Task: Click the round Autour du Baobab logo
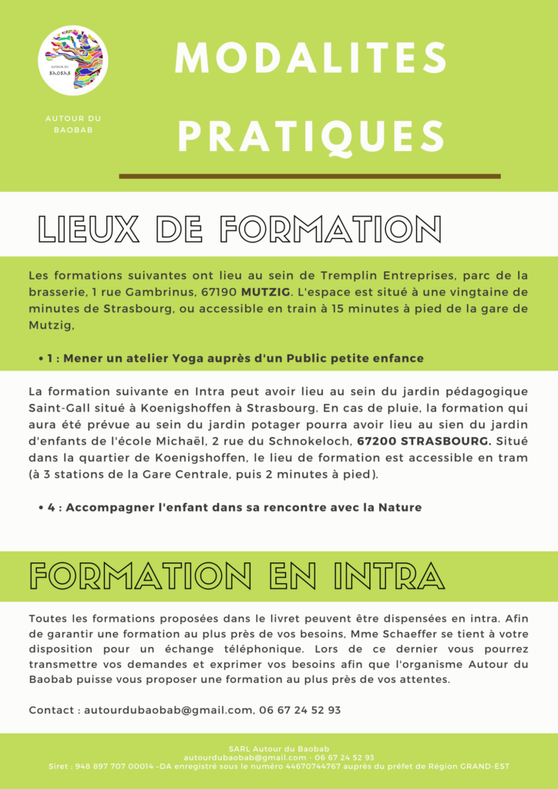(x=72, y=61)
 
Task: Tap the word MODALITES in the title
(x=311, y=59)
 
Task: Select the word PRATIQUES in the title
(x=311, y=136)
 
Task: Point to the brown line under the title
(x=309, y=176)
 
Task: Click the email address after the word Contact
(x=167, y=710)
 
